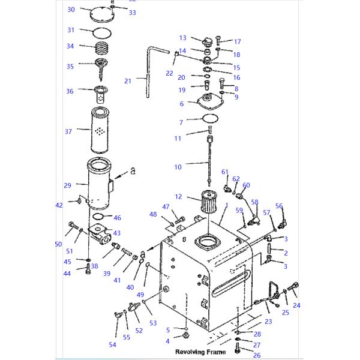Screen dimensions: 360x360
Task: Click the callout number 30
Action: point(71,10)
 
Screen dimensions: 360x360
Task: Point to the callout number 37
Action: point(68,131)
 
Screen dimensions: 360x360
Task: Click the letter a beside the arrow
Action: point(133,171)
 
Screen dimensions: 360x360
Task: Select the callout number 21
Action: point(127,81)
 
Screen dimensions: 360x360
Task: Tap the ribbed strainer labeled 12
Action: point(206,204)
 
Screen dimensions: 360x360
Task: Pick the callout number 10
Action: point(178,166)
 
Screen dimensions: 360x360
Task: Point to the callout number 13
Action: point(183,38)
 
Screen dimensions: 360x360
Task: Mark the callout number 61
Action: point(225,172)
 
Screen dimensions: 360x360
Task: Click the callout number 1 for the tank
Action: point(226,206)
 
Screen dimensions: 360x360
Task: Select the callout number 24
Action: point(296,305)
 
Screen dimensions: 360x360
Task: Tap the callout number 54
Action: point(112,344)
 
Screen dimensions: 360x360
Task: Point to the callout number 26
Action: point(257,355)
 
